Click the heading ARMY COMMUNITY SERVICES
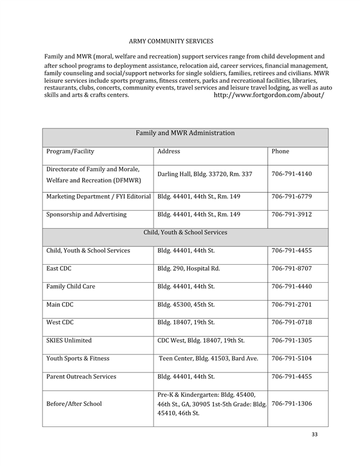click(171, 41)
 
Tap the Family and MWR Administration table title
click(185, 133)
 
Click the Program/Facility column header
click(70, 151)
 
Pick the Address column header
click(169, 151)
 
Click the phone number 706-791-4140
click(292, 174)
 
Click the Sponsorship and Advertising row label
click(86, 214)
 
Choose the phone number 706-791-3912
click(292, 214)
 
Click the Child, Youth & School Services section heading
click(185, 232)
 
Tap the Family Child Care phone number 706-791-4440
click(292, 286)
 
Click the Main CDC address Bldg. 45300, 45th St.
click(185, 304)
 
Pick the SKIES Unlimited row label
click(69, 340)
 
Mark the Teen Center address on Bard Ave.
click(208, 359)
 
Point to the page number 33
click(315, 434)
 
